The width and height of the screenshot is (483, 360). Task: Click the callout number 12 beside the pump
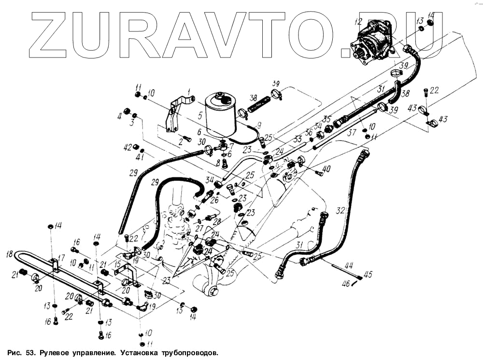(358, 21)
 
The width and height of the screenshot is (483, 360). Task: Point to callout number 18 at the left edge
(9, 253)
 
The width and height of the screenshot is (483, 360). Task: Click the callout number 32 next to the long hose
(341, 211)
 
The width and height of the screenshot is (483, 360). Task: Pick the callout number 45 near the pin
(368, 275)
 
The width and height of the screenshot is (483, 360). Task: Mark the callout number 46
(346, 284)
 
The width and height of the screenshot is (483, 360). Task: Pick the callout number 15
(118, 265)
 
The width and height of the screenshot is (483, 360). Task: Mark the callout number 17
(61, 258)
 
